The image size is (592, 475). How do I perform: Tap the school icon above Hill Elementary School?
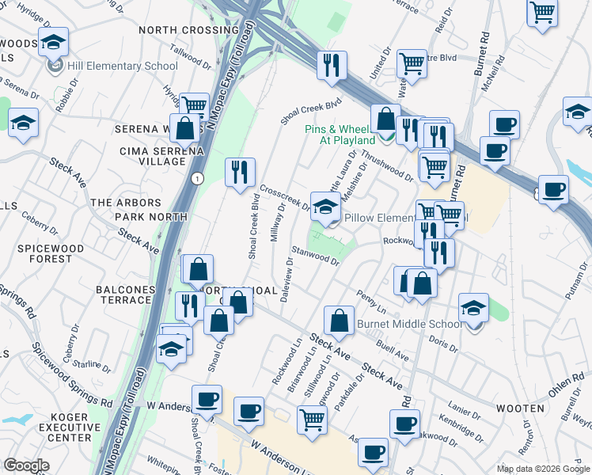[54, 43]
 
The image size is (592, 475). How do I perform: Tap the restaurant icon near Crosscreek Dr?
[239, 173]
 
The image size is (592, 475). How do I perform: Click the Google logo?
[26, 466]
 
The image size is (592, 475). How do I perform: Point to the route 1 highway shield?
[194, 179]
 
